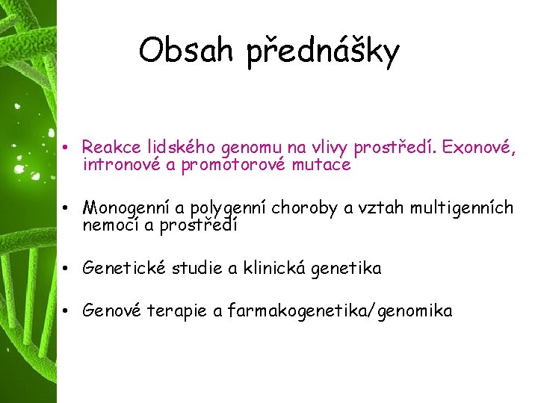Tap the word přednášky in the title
click(x=323, y=52)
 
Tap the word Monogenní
click(x=126, y=207)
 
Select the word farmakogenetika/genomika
click(x=340, y=312)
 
